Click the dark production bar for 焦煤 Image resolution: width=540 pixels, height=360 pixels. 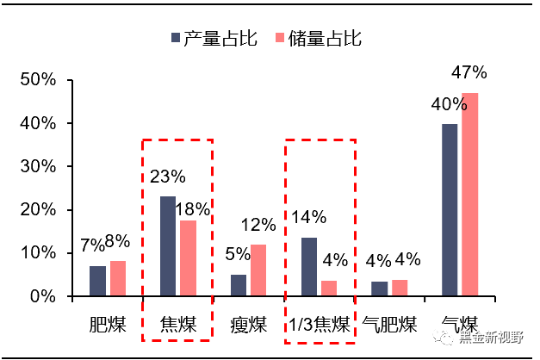[x=168, y=246]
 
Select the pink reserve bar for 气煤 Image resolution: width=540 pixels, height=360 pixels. [x=469, y=195]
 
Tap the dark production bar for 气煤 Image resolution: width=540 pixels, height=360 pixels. [x=450, y=210]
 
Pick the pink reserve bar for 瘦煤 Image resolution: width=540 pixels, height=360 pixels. [x=258, y=270]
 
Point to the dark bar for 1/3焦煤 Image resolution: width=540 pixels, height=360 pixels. [x=309, y=267]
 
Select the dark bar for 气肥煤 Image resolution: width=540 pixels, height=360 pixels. [x=379, y=289]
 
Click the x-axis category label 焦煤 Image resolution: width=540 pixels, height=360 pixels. [x=178, y=326]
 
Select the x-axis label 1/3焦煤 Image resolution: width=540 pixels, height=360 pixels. [x=320, y=326]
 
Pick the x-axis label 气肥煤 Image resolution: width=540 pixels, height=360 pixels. [x=389, y=326]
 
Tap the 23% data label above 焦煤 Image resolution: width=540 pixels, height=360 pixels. [x=167, y=177]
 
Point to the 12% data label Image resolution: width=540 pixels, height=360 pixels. [x=258, y=225]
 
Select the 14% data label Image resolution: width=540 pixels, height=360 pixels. [x=308, y=217]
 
